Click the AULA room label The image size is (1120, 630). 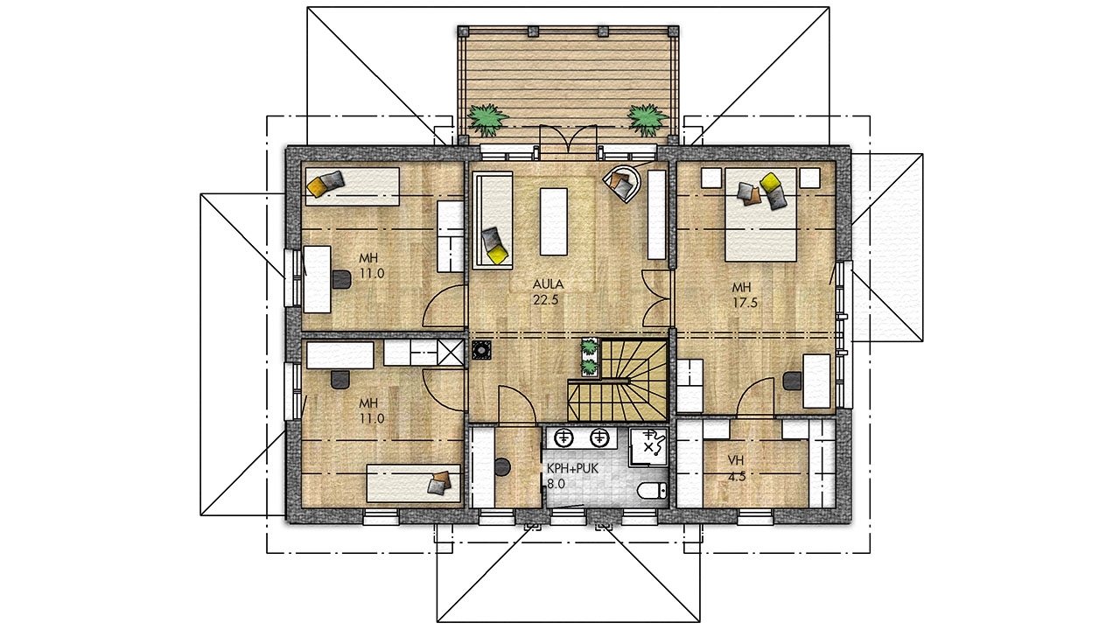pyautogui.click(x=548, y=284)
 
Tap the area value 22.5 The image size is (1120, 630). pyautogui.click(x=545, y=300)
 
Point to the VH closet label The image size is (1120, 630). pyautogui.click(x=735, y=460)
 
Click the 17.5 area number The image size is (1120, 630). pyautogui.click(x=745, y=303)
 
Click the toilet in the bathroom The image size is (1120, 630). pyautogui.click(x=652, y=491)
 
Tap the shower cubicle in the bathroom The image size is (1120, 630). pyautogui.click(x=648, y=446)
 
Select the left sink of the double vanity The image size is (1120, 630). pyautogui.click(x=563, y=437)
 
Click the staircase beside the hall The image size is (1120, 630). pyautogui.click(x=618, y=380)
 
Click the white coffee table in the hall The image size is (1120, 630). pyautogui.click(x=554, y=221)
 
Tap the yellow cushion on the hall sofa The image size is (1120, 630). pyautogui.click(x=496, y=255)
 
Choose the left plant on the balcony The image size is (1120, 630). pyautogui.click(x=486, y=120)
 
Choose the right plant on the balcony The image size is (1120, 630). pyautogui.click(x=647, y=120)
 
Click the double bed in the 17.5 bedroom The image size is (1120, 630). pyautogui.click(x=760, y=214)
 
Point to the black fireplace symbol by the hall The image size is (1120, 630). pyautogui.click(x=481, y=350)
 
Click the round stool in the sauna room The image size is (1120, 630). pyautogui.click(x=502, y=467)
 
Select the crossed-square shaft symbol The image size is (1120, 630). pyautogui.click(x=451, y=352)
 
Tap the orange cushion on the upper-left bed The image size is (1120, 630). pyautogui.click(x=317, y=187)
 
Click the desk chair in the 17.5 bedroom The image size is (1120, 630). pyautogui.click(x=793, y=381)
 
